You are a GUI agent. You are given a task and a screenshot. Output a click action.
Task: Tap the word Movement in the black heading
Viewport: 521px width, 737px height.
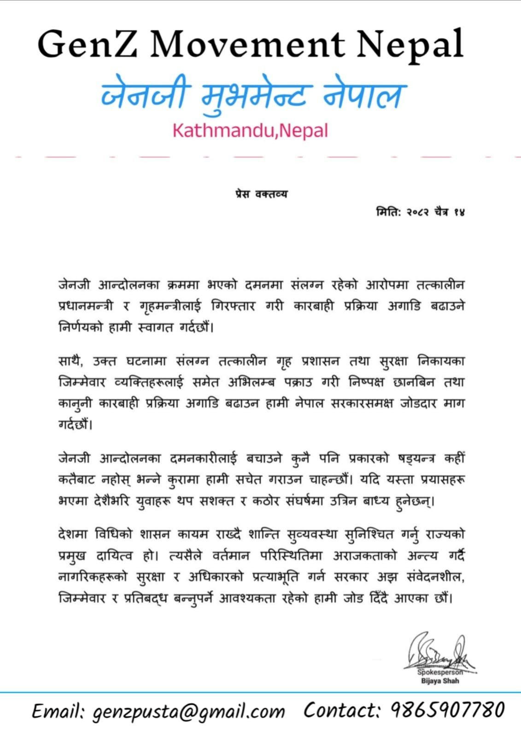click(247, 44)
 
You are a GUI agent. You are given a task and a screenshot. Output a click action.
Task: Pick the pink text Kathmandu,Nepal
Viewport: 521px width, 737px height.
click(250, 131)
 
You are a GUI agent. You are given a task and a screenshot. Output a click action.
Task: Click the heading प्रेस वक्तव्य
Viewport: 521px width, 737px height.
click(261, 194)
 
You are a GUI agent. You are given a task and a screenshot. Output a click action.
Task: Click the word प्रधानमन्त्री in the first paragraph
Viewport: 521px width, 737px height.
click(86, 306)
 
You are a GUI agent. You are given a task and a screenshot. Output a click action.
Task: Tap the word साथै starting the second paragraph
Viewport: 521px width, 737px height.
click(70, 361)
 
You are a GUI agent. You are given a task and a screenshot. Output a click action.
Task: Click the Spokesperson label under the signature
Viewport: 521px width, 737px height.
click(440, 672)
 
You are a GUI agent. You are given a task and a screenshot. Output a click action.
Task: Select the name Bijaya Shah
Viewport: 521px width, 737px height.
click(440, 681)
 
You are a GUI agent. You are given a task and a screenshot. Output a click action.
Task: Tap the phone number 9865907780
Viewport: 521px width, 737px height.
click(448, 710)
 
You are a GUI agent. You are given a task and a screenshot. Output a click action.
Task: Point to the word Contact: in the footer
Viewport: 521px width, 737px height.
click(341, 710)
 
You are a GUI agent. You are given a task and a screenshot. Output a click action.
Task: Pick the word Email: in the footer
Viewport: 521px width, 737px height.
click(58, 711)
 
